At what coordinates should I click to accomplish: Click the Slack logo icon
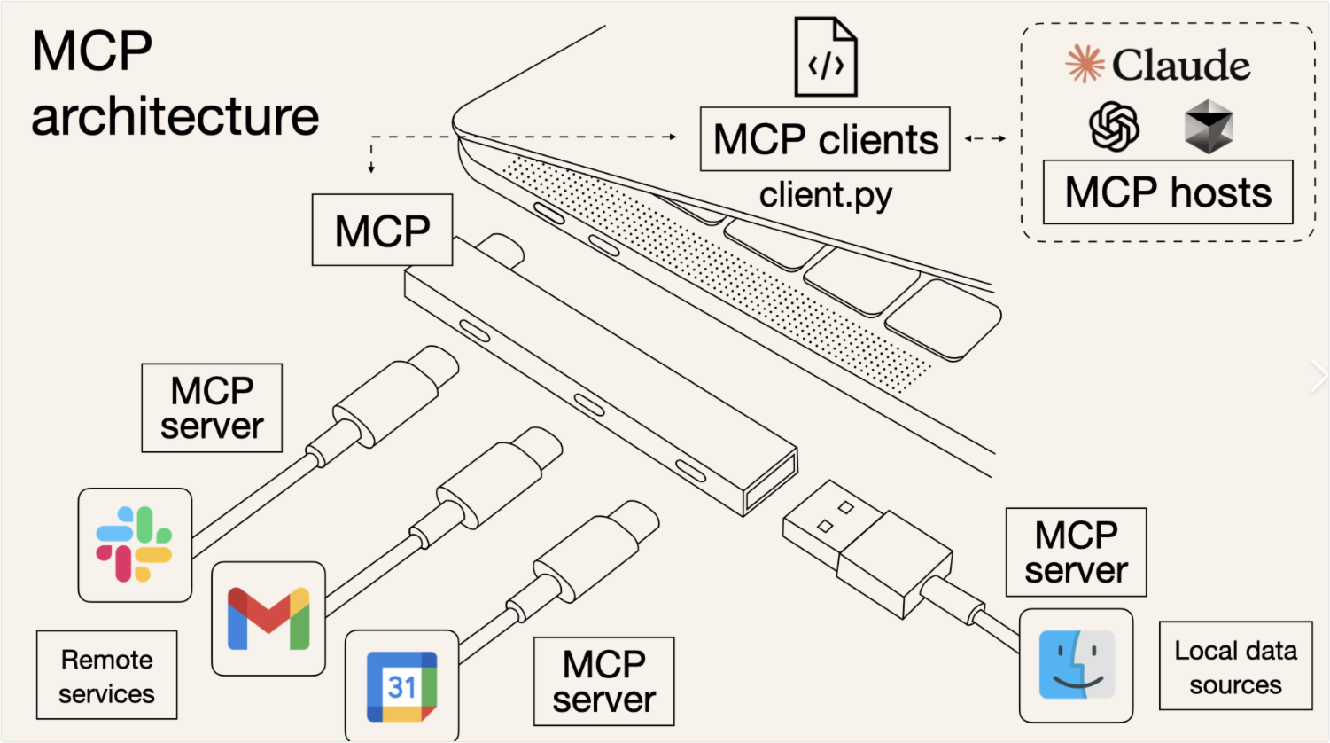[x=134, y=544]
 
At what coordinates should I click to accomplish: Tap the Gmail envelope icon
[x=268, y=618]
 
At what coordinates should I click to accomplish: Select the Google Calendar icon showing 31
[x=401, y=686]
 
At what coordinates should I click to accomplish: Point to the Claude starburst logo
[x=1083, y=65]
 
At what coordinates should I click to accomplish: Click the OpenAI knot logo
[x=1114, y=126]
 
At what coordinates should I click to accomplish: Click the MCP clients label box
[x=825, y=139]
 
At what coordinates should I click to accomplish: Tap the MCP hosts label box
[x=1167, y=192]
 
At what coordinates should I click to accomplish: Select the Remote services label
[x=106, y=676]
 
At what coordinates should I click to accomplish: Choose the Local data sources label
[x=1235, y=667]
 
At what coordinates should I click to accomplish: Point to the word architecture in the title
[x=175, y=116]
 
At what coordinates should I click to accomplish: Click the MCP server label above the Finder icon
[x=1076, y=551]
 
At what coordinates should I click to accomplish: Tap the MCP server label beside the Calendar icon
[x=603, y=681]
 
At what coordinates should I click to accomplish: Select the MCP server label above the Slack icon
[x=212, y=407]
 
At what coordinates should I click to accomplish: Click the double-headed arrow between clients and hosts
[x=985, y=138]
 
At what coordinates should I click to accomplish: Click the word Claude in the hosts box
[x=1181, y=66]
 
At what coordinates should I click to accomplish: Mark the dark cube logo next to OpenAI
[x=1209, y=126]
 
